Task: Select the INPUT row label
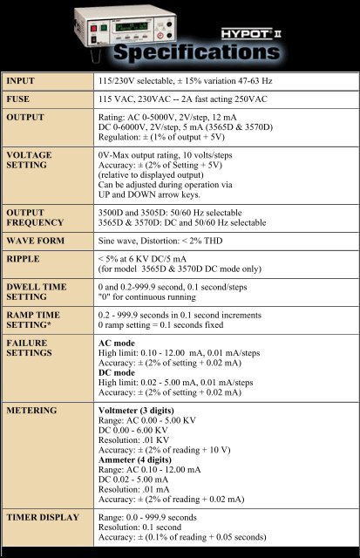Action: (x=26, y=81)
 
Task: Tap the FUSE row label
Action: (x=23, y=100)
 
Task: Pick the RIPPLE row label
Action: (x=28, y=259)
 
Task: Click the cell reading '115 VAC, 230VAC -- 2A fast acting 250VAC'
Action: (x=207, y=100)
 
